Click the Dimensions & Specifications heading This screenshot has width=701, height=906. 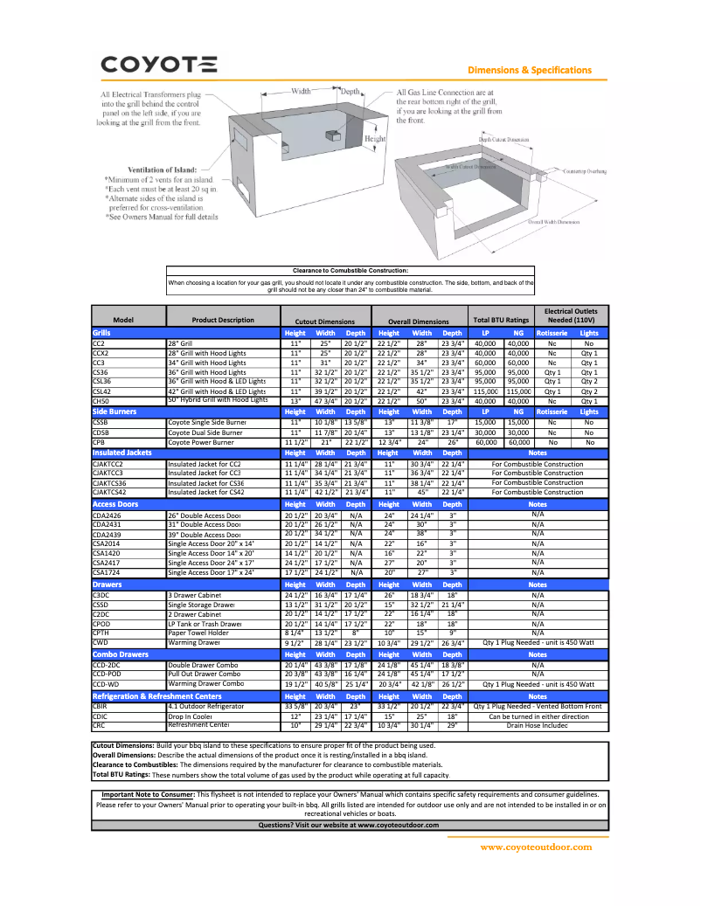point(530,70)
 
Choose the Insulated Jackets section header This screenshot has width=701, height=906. point(121,453)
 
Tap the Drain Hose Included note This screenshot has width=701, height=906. point(538,725)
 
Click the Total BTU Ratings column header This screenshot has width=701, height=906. point(501,321)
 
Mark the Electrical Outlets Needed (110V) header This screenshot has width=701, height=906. point(572,315)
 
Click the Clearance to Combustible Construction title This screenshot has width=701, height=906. point(350,271)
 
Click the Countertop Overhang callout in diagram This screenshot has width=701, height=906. point(584,172)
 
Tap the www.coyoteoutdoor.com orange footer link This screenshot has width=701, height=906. point(536,847)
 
